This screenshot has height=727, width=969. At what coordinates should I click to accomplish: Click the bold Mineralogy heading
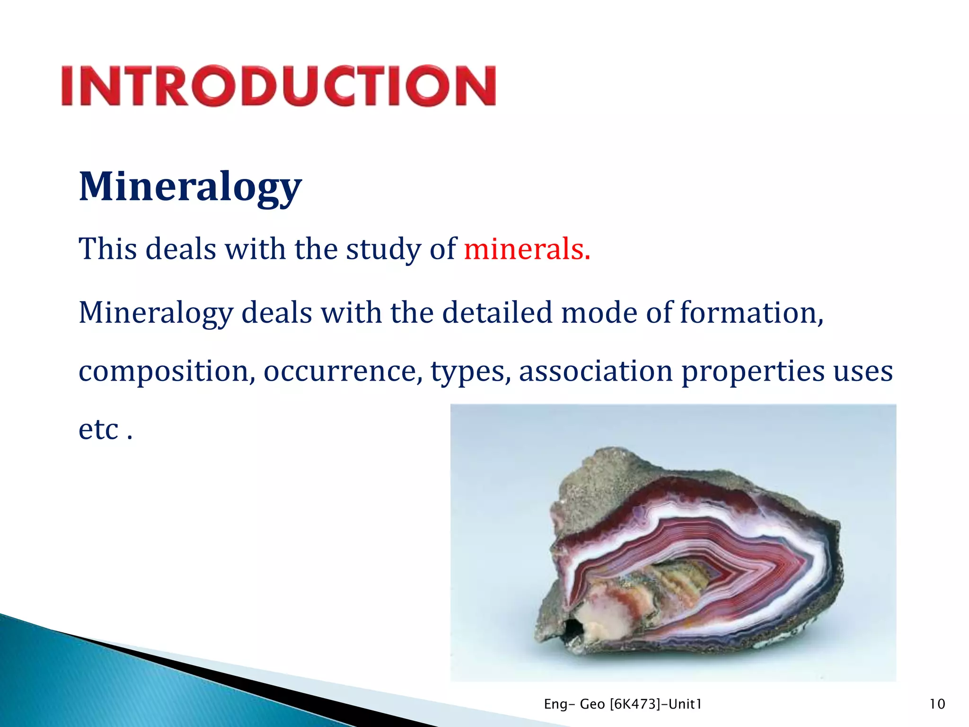click(x=190, y=186)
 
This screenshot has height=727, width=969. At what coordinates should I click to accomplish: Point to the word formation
click(x=751, y=313)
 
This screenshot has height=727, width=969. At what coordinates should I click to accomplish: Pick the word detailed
click(x=497, y=313)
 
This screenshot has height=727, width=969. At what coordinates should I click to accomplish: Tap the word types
click(x=470, y=371)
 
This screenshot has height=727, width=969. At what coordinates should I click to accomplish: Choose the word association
click(x=596, y=371)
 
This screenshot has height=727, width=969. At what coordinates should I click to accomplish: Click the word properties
click(x=753, y=371)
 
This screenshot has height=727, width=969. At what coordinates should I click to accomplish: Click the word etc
click(x=98, y=429)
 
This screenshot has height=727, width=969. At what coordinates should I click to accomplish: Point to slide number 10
click(x=937, y=704)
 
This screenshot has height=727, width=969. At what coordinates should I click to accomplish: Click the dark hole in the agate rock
click(x=573, y=630)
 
